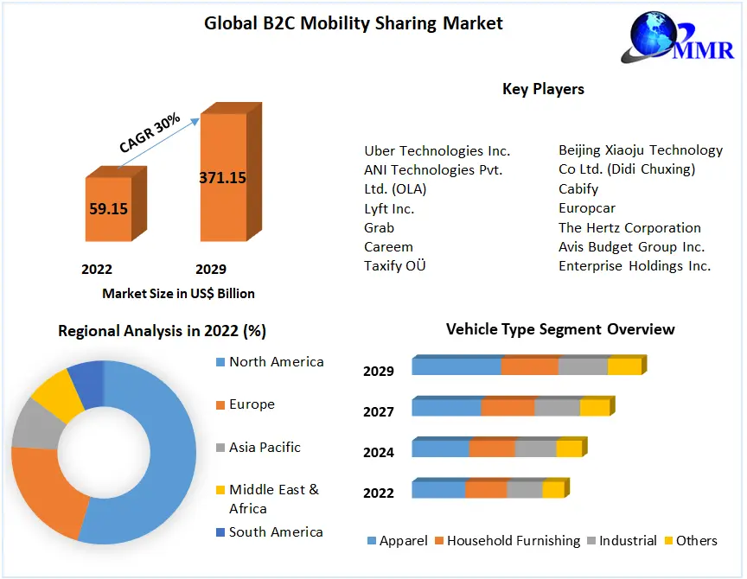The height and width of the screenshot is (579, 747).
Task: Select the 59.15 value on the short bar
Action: [108, 208]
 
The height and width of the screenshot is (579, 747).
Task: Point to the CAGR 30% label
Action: [150, 132]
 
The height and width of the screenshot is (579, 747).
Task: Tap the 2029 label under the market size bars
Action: [210, 269]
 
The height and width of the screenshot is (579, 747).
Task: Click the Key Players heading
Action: [543, 89]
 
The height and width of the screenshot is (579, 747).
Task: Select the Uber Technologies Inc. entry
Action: [437, 150]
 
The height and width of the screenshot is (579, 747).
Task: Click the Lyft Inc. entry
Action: [389, 208]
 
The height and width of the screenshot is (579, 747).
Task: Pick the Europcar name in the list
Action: [587, 208]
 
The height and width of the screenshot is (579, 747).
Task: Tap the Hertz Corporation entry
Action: [629, 227]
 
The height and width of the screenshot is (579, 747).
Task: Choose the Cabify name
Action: [578, 188]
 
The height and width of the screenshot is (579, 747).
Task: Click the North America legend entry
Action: [276, 361]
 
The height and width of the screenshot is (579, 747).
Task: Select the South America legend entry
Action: [276, 531]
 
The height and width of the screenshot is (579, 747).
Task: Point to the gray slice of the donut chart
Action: [32, 423]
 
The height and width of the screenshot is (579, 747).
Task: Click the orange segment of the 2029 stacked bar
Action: [529, 366]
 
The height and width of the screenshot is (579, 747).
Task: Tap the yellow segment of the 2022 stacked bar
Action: [553, 490]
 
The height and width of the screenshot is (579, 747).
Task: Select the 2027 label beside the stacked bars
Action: [379, 411]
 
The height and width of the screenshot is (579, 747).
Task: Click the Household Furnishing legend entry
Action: [513, 541]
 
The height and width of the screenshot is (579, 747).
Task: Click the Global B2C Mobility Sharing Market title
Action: [353, 23]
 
